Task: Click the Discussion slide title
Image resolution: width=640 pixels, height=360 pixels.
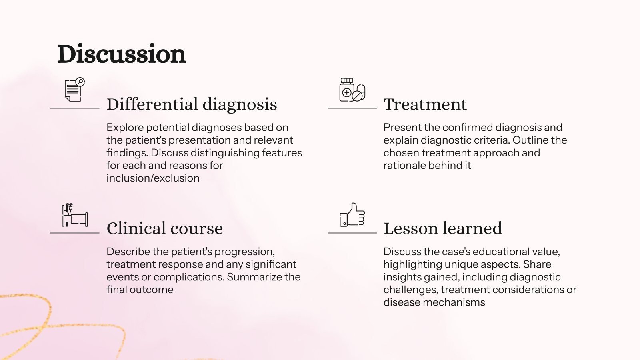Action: coord(122,54)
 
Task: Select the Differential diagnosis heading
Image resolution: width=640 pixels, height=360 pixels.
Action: coord(192,104)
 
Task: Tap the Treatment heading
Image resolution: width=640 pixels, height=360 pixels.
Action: coord(425,104)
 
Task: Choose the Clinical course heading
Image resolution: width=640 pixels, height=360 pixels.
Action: coord(164,228)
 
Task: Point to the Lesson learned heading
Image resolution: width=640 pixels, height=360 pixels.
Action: coord(442,228)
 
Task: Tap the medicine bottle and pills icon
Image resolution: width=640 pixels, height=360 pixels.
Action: coord(352,90)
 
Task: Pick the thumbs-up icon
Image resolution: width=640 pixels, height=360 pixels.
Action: coord(352,215)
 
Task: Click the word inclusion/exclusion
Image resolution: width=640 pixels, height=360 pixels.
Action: coord(153,178)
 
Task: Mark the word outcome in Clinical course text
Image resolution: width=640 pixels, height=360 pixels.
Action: coord(154,290)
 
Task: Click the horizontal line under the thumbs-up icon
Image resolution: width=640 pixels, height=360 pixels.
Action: coord(352,233)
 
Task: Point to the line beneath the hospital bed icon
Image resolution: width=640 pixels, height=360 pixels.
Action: coord(74,233)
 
